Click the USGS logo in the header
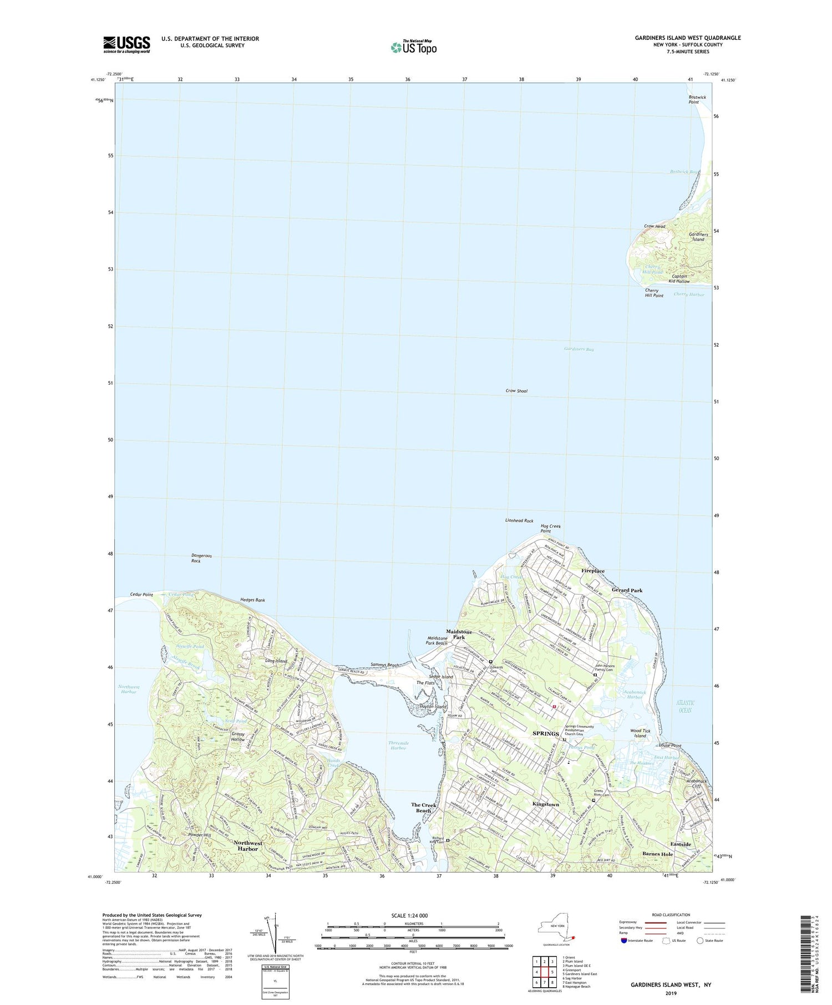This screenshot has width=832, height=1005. pyautogui.click(x=126, y=44)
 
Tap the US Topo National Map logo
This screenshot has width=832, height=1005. pyautogui.click(x=413, y=48)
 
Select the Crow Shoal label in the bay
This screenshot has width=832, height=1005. pyautogui.click(x=516, y=391)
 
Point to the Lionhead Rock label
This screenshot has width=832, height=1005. pyautogui.click(x=519, y=521)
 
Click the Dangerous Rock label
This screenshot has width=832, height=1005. pyautogui.click(x=201, y=558)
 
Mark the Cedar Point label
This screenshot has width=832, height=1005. pyautogui.click(x=141, y=595)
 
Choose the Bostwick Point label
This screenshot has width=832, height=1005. pyautogui.click(x=697, y=100)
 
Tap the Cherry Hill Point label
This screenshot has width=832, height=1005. pyautogui.click(x=654, y=293)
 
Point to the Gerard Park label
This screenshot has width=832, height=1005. pyautogui.click(x=627, y=591)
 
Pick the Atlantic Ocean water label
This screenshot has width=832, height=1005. pyautogui.click(x=686, y=707)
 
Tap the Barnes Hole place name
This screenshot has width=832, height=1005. pyautogui.click(x=657, y=854)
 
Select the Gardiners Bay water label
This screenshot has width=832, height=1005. pyautogui.click(x=579, y=350)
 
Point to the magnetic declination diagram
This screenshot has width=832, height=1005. pyautogui.click(x=272, y=931)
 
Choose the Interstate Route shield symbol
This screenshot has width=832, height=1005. pyautogui.click(x=625, y=941)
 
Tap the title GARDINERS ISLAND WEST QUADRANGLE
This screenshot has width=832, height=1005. pyautogui.click(x=687, y=38)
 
